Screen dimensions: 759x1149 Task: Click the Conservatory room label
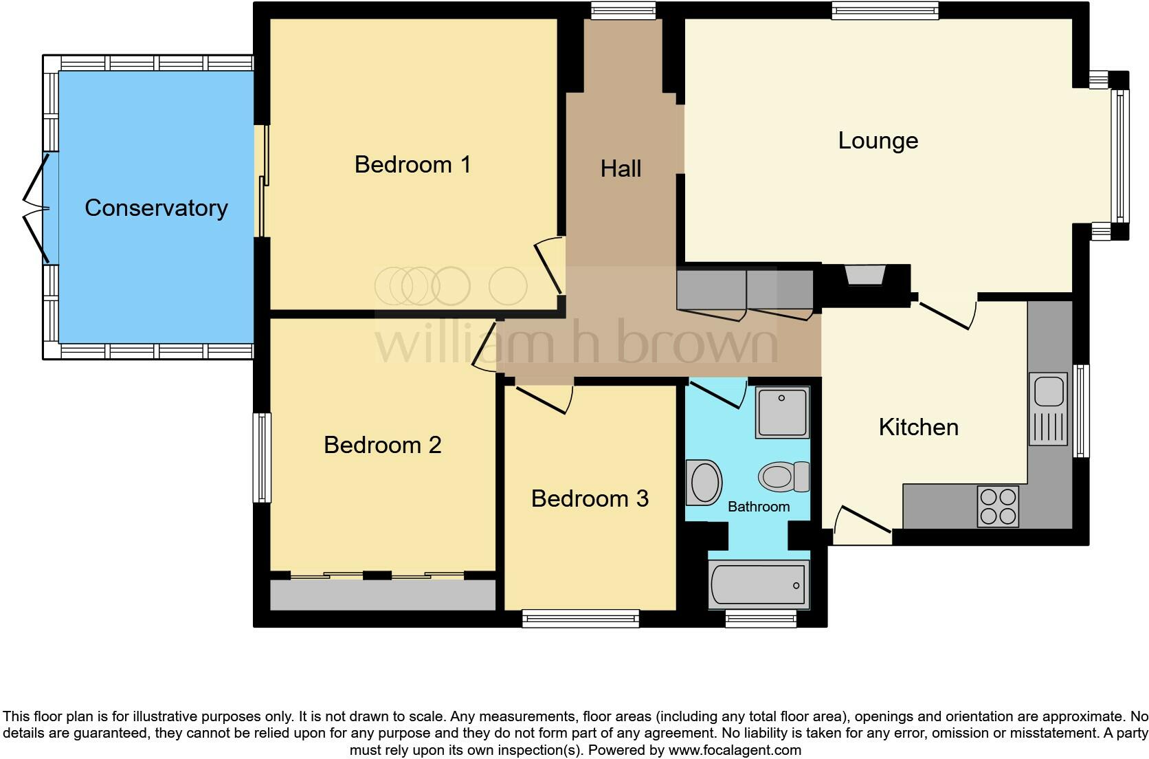[x=156, y=208]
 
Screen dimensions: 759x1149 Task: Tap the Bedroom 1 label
[x=412, y=165]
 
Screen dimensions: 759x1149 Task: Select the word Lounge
[x=878, y=141]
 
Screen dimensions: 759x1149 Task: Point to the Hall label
[x=621, y=169]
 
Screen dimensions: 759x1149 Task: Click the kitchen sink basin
[x=1048, y=390]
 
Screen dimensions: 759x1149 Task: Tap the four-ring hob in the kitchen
[x=998, y=507]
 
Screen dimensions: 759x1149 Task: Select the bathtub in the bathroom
[x=759, y=585]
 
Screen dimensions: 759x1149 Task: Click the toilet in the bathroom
[x=783, y=476]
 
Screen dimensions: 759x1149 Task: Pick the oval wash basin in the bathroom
[x=704, y=482]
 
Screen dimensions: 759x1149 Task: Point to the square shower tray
[x=782, y=412]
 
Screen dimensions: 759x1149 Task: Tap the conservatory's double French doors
[x=36, y=208]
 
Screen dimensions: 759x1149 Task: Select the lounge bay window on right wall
[x=1119, y=156]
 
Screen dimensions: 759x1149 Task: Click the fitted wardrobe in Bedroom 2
[x=382, y=595]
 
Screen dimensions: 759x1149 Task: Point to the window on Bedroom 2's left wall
[x=262, y=457]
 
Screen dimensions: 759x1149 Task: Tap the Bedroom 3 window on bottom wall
[x=581, y=619]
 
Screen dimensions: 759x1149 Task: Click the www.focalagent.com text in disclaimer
[x=735, y=750]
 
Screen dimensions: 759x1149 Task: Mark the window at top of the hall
[x=623, y=10]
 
